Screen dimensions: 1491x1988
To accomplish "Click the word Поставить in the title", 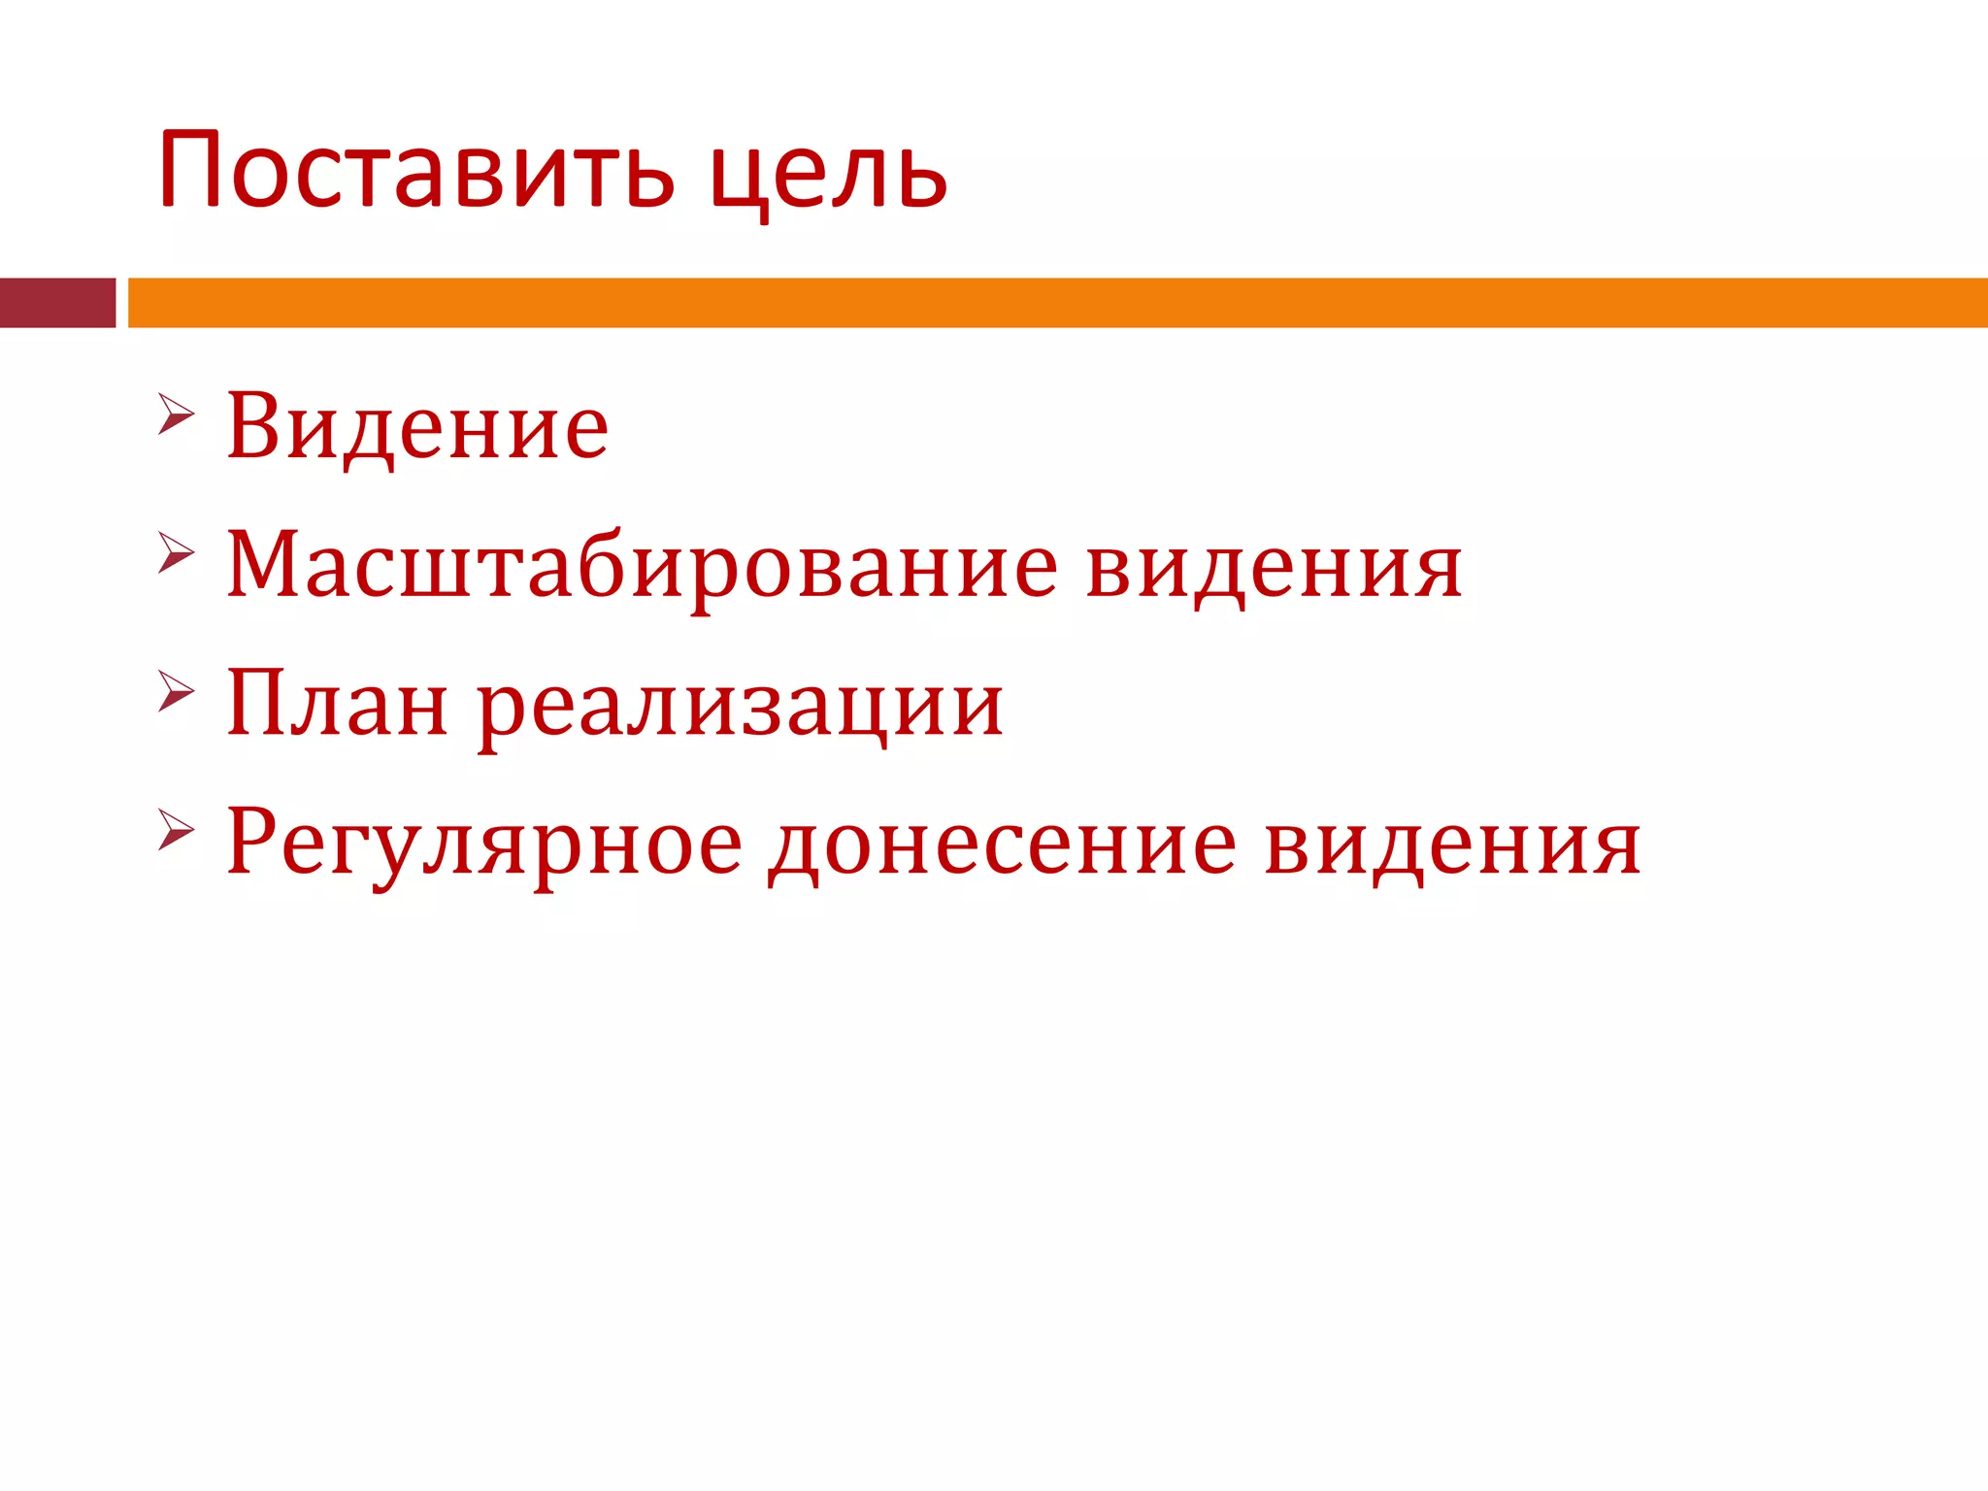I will [415, 171].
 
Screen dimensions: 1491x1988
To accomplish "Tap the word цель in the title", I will [828, 176].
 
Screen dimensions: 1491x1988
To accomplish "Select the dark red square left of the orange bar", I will [57, 303].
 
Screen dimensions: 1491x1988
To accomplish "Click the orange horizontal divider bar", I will [1057, 303].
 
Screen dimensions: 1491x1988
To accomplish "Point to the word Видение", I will [417, 427].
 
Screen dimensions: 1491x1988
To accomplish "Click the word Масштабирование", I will [642, 566].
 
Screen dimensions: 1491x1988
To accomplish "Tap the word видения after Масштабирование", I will [1274, 566].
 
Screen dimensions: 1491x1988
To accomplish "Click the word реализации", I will [741, 707].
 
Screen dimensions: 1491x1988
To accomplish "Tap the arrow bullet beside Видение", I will [176, 414].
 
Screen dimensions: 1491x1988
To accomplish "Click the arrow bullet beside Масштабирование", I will [176, 553].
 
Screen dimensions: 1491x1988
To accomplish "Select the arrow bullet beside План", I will [176, 691].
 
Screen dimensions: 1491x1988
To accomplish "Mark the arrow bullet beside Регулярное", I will [176, 830].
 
